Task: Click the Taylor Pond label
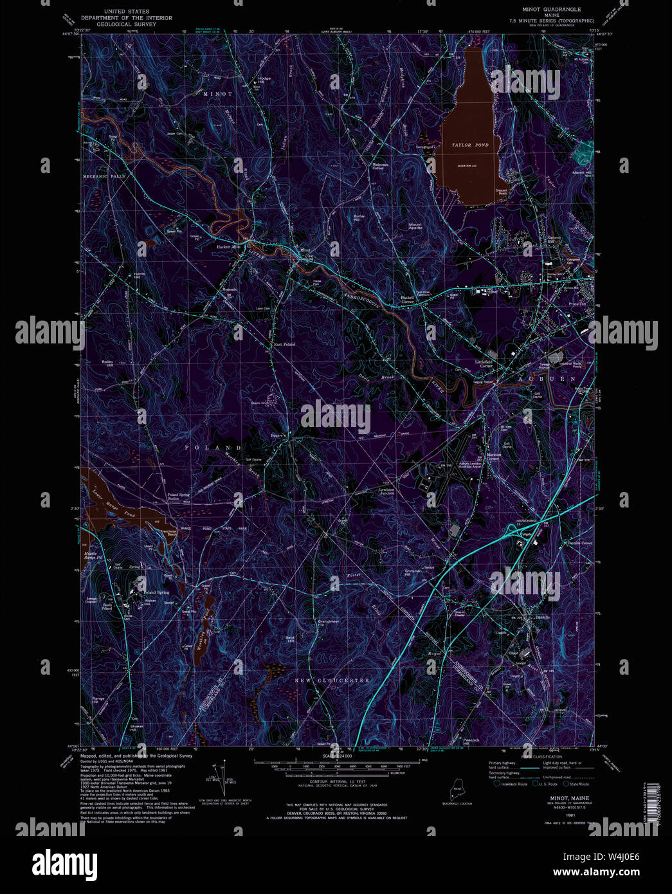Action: [469, 145]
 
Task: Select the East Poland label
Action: [284, 345]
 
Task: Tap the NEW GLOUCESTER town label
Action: [332, 680]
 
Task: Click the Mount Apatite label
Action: [415, 226]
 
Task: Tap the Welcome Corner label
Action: [378, 166]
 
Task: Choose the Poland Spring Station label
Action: [179, 497]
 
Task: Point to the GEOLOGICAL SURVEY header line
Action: [126, 25]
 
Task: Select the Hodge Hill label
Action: [264, 80]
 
